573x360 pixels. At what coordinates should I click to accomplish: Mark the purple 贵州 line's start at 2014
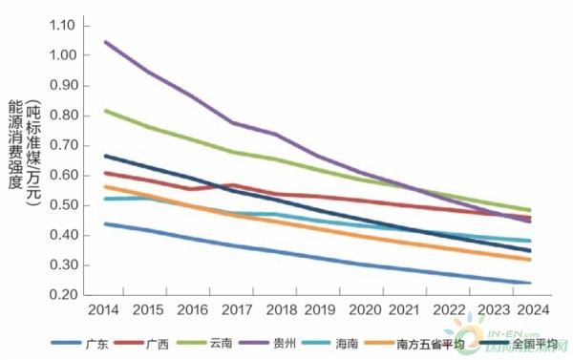[x=104, y=41]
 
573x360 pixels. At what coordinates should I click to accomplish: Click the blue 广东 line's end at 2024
[x=531, y=283]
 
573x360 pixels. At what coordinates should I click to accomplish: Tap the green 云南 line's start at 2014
[x=104, y=110]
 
